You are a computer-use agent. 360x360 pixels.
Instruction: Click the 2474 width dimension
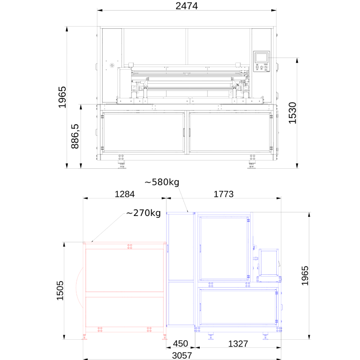186,6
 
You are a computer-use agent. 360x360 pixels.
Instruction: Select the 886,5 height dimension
75,136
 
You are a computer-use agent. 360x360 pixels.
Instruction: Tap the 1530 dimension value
292,113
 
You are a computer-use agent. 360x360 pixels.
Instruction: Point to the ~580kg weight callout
162,182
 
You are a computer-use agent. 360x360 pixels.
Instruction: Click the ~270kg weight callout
144,213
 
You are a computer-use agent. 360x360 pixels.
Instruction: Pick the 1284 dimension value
125,194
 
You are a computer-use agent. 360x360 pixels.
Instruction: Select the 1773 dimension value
223,194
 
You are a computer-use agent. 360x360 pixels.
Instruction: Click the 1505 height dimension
60,290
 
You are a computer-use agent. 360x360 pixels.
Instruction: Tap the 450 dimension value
180,344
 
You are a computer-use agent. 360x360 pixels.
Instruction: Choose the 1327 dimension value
238,344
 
